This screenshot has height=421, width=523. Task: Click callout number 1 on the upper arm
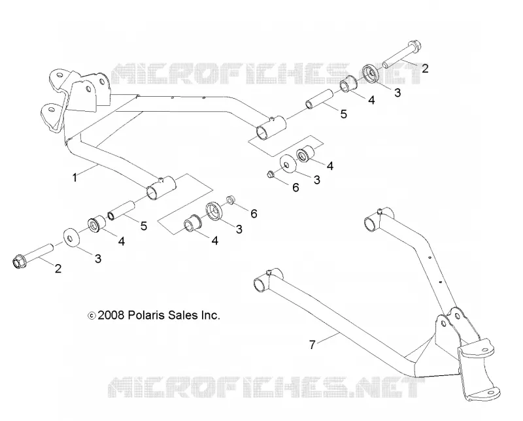75,178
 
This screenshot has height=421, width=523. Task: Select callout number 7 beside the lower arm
312,345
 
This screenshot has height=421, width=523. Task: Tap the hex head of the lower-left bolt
20,261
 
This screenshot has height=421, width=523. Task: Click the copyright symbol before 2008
92,315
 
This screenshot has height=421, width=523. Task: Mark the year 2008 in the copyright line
111,315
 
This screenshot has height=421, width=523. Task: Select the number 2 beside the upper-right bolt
425,69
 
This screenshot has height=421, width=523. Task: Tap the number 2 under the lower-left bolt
58,269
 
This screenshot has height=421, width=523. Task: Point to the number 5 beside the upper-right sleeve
344,114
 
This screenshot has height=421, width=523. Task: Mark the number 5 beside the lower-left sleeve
144,226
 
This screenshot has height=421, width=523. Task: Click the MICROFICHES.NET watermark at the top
266,73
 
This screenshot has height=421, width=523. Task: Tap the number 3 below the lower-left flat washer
98,258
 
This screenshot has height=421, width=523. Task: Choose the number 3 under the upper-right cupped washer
397,92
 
